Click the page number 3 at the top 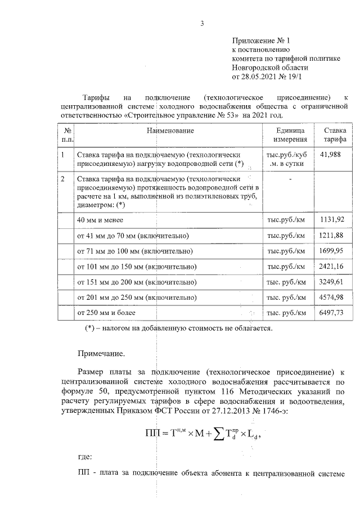pos(201,23)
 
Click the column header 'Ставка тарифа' pos(335,135)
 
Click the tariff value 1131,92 pos(334,220)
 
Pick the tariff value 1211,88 pos(334,235)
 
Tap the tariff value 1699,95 pos(334,250)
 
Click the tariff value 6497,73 pos(334,312)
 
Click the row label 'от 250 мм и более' pos(106,312)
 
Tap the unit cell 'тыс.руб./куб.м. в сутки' pos(287,158)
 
